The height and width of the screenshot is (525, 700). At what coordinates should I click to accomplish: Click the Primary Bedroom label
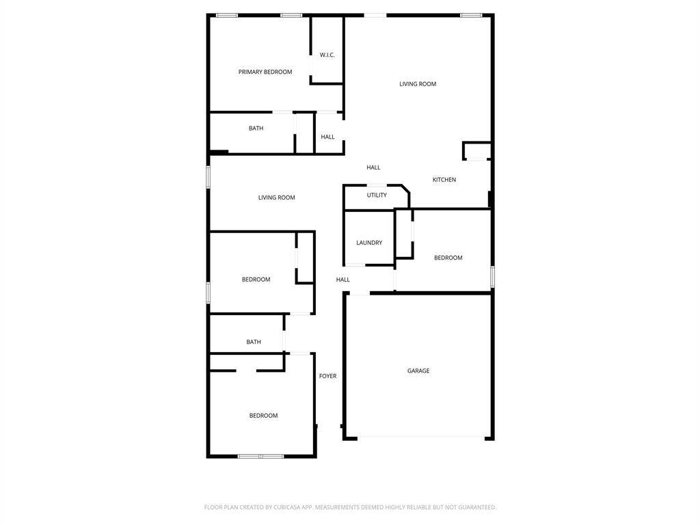tap(265, 72)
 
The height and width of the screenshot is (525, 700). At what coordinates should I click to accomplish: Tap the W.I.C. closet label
tap(327, 55)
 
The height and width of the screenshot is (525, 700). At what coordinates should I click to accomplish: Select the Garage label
tap(418, 371)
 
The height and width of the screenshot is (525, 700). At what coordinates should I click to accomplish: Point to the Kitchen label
tap(444, 180)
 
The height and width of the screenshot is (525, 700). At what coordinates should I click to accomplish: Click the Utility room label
tap(377, 196)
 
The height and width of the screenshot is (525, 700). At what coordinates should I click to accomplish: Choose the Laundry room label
tap(369, 243)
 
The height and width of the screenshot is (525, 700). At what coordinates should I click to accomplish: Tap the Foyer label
tap(328, 376)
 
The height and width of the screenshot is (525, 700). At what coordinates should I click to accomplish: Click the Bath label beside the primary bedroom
tap(256, 129)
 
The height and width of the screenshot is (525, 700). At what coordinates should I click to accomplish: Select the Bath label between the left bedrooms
tap(254, 342)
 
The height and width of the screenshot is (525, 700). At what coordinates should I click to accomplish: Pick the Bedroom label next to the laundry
tap(448, 258)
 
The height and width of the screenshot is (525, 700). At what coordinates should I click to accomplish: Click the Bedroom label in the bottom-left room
tap(263, 416)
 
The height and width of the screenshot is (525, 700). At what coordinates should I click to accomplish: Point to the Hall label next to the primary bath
tap(328, 137)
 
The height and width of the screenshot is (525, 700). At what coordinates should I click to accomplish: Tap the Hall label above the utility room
tap(373, 167)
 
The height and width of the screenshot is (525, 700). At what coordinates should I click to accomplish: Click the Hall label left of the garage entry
tap(343, 280)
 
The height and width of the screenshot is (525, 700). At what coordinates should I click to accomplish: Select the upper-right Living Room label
tap(418, 84)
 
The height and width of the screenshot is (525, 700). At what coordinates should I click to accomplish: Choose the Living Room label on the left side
tap(277, 198)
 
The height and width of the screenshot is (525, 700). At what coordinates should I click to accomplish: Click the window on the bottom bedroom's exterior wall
tap(260, 456)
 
